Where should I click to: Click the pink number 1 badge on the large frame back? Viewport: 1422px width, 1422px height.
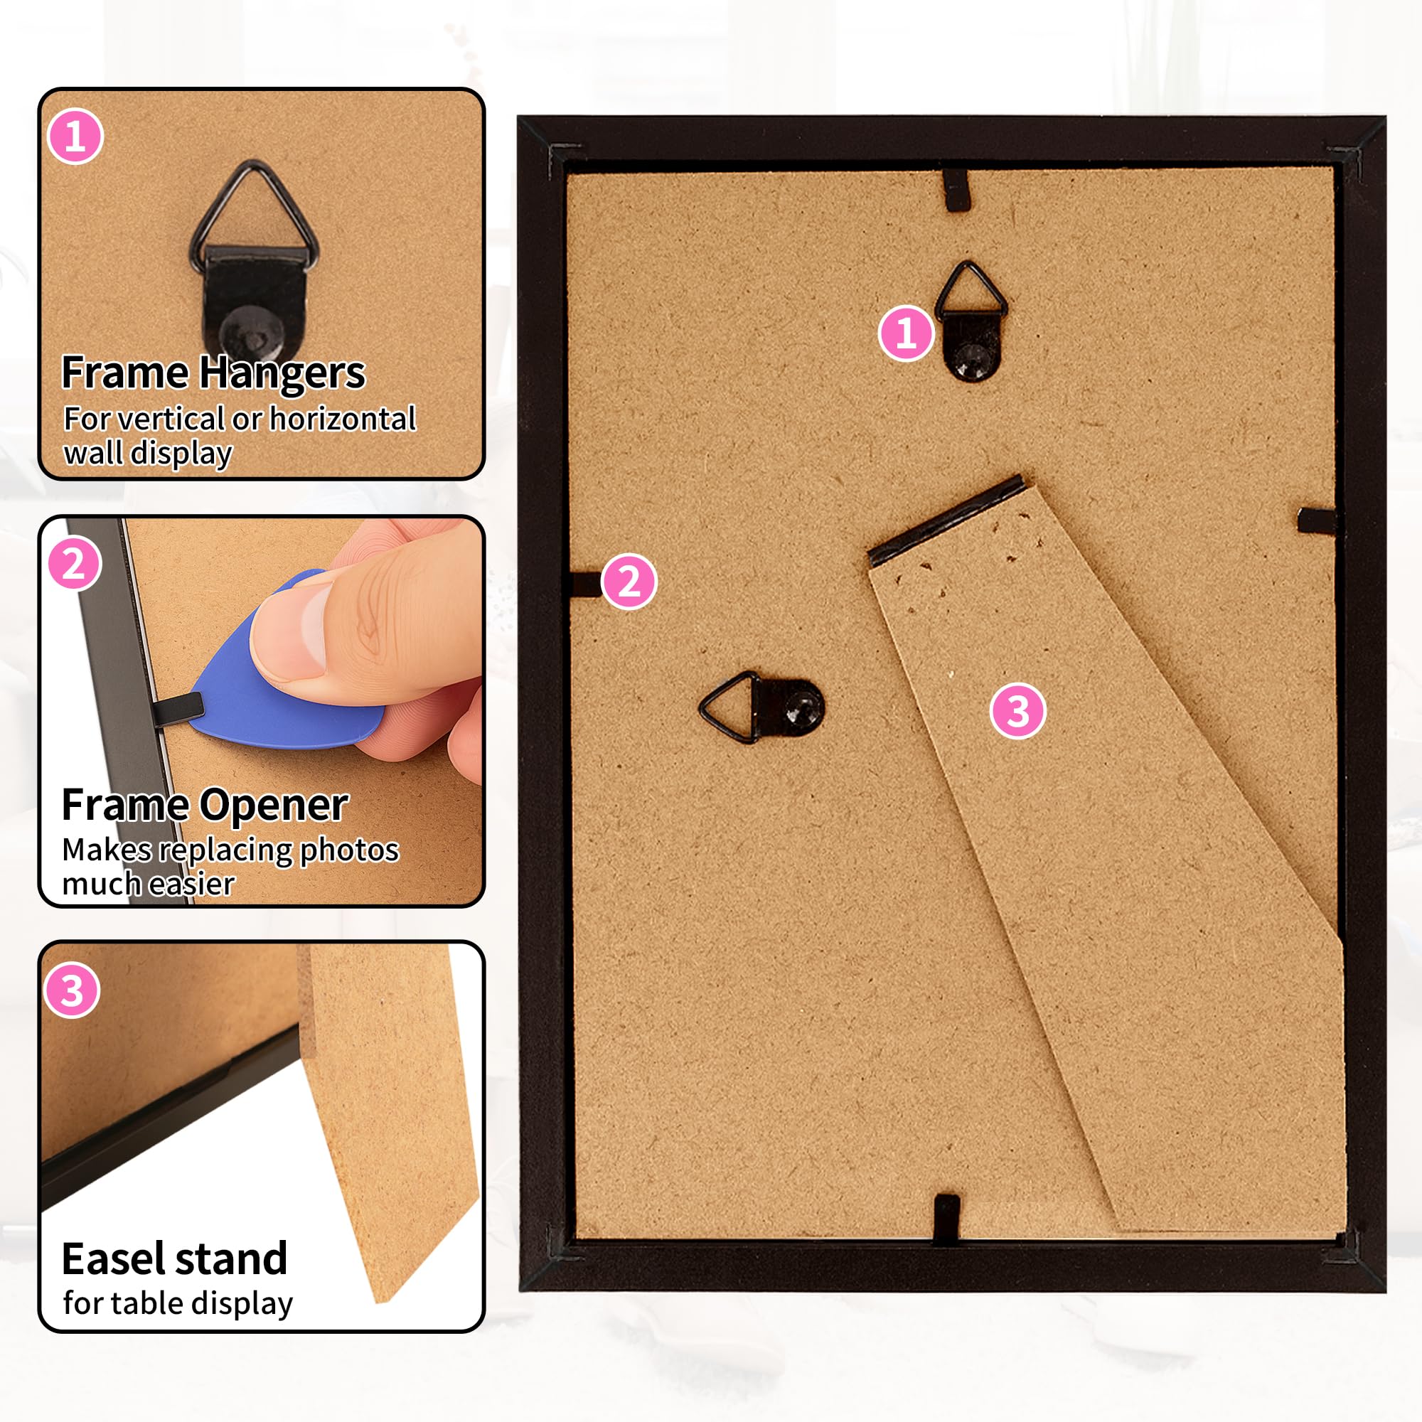(906, 333)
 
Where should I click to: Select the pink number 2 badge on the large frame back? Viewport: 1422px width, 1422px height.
(629, 582)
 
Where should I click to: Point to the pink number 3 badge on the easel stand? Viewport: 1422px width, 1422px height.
(1018, 711)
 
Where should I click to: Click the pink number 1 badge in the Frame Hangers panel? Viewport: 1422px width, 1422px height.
(75, 137)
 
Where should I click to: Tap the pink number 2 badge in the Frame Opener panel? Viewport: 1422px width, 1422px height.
(75, 564)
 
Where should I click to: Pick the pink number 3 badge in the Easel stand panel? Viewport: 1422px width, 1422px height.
(72, 990)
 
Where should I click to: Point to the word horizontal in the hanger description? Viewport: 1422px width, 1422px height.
(343, 418)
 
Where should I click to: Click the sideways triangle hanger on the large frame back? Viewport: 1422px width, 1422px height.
(761, 707)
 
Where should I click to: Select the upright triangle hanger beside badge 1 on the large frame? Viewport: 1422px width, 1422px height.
(971, 321)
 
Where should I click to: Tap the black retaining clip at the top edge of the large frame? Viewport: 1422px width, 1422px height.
(956, 190)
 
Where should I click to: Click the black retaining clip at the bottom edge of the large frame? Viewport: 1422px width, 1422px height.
(946, 1219)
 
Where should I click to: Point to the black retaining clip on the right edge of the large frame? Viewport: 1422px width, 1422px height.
(1317, 520)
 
